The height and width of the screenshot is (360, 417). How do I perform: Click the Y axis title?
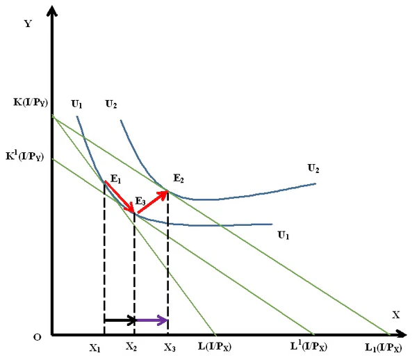click(28, 24)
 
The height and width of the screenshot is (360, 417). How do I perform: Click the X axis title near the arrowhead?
click(395, 314)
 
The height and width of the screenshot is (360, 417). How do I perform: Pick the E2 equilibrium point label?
click(178, 179)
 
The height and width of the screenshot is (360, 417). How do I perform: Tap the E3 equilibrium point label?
click(140, 201)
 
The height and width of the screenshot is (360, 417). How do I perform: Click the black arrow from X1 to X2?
click(120, 320)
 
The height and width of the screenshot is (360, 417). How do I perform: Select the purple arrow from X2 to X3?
click(152, 320)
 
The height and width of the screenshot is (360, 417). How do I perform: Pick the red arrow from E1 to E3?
click(119, 197)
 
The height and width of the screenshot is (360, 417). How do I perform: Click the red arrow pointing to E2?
click(152, 202)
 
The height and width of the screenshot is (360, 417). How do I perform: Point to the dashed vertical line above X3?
click(168, 264)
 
